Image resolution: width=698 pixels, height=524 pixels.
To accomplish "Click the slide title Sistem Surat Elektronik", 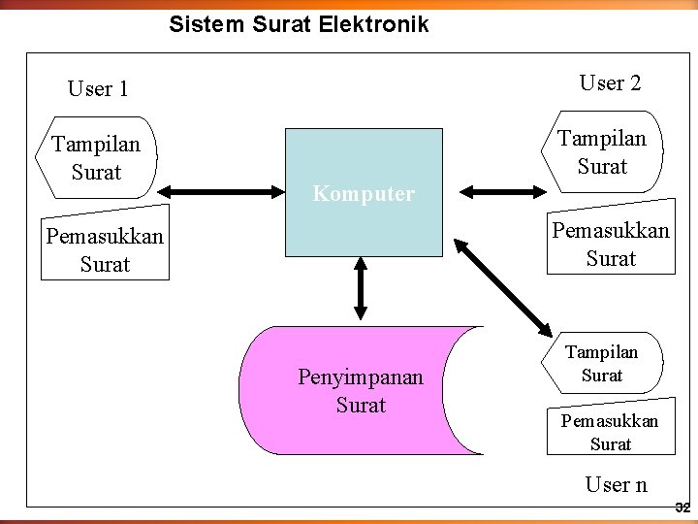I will coord(299,24).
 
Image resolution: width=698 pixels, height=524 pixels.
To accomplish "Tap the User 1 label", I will coord(98,89).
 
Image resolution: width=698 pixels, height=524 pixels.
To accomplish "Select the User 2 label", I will coord(610,83).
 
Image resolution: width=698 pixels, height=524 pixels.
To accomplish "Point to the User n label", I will coord(617,484).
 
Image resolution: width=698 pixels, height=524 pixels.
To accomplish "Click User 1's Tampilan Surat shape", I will coord(96,159).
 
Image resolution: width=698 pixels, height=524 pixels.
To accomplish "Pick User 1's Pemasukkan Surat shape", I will coord(106,250).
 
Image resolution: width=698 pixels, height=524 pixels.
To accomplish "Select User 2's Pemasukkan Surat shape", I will coord(611,246).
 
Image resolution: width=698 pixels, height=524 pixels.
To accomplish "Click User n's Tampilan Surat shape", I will coord(602,363).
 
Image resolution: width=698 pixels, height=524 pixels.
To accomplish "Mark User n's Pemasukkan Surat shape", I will coord(610,432).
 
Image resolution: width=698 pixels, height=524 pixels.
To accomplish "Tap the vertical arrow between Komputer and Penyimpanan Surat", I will coord(362,288).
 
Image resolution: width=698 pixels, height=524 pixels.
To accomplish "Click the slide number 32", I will coord(681,508).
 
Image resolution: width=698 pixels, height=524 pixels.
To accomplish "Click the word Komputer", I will coord(364,194).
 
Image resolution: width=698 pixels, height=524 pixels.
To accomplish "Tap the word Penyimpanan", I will coord(361,377).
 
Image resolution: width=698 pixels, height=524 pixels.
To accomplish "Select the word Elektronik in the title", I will coord(372,24).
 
